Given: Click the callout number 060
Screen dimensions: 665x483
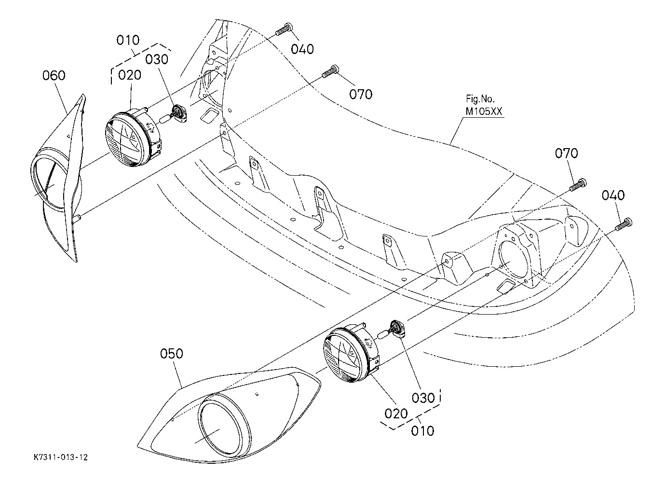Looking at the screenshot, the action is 54,75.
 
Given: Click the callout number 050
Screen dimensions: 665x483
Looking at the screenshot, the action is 172,354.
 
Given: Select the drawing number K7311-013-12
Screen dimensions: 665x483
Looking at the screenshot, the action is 61,457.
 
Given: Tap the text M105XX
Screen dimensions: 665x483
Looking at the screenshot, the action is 484,111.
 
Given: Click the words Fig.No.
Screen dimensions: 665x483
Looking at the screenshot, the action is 480,98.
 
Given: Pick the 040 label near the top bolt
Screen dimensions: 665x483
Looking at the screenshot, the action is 302,49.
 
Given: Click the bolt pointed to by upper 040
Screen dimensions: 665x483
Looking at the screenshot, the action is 284,30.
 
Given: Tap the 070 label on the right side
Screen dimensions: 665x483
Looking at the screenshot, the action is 567,153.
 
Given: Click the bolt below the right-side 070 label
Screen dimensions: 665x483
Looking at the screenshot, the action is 578,185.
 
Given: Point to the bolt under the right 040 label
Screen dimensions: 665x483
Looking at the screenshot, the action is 624,224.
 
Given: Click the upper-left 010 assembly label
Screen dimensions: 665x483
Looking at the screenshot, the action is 128,40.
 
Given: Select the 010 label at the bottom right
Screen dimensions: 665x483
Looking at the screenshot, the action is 422,431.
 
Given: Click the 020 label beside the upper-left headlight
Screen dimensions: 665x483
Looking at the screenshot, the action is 129,75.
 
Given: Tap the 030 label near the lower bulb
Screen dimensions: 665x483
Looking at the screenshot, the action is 423,398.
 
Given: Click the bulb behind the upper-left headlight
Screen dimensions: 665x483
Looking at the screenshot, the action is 175,115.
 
